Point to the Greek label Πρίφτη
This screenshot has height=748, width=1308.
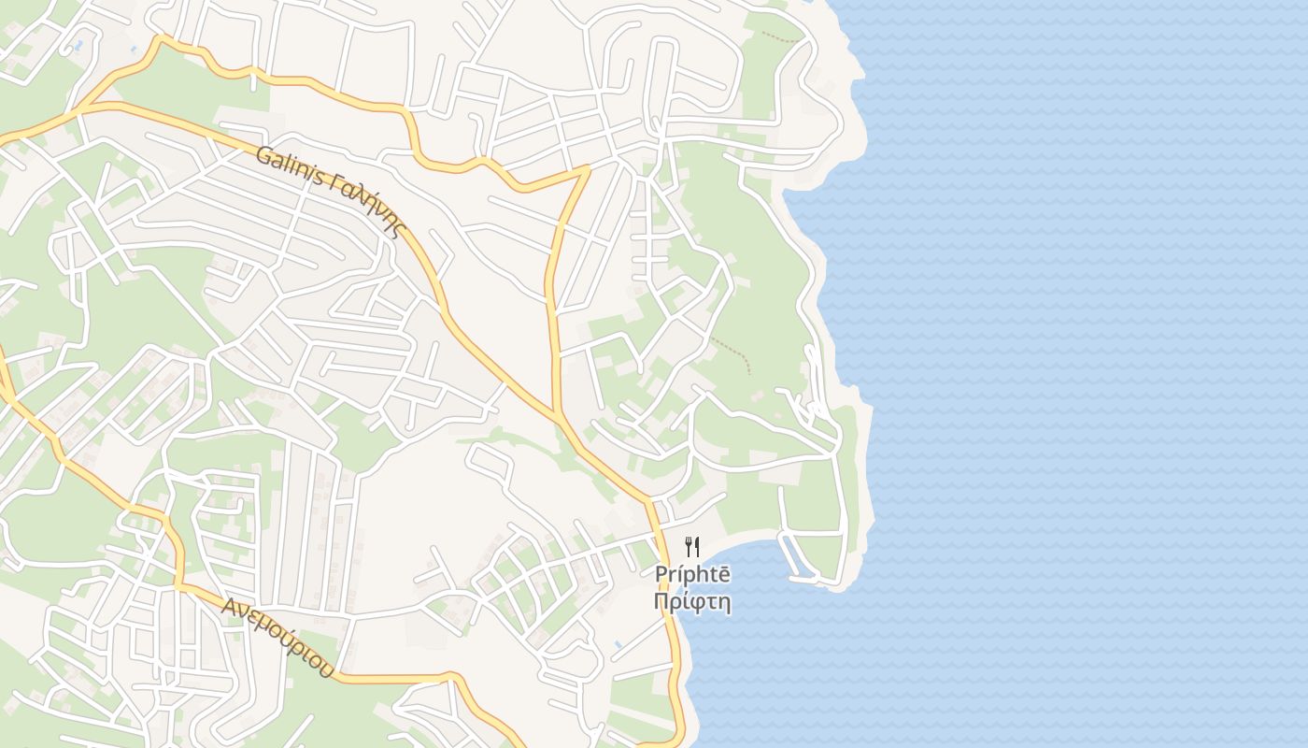click(692, 601)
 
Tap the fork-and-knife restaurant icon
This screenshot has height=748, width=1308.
click(692, 547)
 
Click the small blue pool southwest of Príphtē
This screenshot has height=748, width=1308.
click(618, 644)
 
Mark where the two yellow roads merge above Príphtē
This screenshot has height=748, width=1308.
click(557, 413)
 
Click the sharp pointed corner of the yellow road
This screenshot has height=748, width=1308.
click(588, 168)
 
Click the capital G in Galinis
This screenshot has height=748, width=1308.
click(263, 153)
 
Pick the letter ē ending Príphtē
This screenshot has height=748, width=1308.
click(724, 575)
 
